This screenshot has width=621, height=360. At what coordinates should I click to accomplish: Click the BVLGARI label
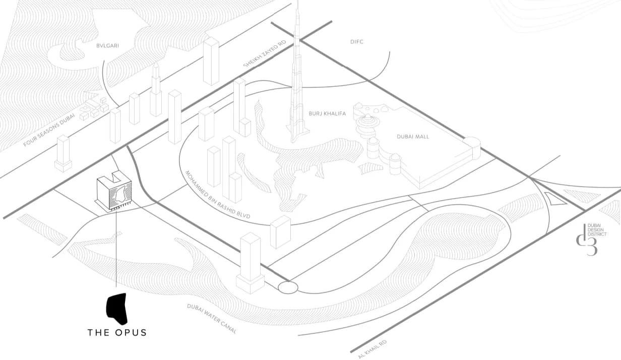pos(107,45)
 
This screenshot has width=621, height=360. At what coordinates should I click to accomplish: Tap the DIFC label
pos(356,42)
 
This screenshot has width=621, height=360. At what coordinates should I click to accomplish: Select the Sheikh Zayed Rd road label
pos(264,53)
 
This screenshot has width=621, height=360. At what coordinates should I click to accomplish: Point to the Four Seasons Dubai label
pos(49,130)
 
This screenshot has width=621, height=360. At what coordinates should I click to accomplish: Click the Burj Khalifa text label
pos(327,113)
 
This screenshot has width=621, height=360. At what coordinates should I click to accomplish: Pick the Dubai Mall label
pos(413,137)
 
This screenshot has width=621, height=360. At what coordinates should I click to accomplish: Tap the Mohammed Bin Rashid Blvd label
pos(218,195)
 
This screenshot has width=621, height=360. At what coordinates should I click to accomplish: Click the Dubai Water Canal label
pos(212,319)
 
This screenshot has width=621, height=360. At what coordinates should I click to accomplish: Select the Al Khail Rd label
pos(372,349)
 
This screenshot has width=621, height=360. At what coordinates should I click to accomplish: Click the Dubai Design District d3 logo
pos(591,239)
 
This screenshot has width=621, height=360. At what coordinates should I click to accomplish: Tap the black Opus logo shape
pos(117,309)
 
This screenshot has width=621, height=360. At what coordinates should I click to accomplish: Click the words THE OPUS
pos(117,333)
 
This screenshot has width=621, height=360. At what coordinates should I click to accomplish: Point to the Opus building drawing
pos(114,191)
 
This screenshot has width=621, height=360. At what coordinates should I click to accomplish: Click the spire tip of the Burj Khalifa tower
pos(298,1)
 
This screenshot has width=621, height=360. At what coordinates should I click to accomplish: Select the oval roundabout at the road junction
pos(288,287)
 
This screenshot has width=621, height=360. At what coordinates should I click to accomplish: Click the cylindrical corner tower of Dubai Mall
pos(472,148)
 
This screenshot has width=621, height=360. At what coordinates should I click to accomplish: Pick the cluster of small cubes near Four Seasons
pos(94,109)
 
